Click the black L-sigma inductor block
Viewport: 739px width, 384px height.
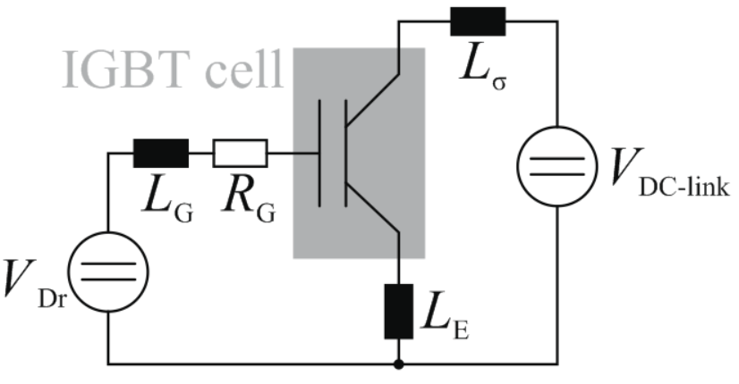tap(478, 21)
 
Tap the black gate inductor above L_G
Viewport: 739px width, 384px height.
tap(161, 153)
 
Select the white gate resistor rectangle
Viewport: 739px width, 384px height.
tap(241, 153)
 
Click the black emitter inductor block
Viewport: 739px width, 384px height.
tap(399, 311)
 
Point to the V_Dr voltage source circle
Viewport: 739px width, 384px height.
tap(108, 271)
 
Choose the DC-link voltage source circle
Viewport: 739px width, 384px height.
tap(557, 166)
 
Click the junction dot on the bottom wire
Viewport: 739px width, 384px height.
tap(399, 363)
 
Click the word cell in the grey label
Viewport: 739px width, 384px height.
tap(244, 71)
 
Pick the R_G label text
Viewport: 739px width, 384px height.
tap(250, 196)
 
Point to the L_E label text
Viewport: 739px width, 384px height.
tap(446, 313)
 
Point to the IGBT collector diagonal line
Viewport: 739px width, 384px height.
tap(373, 100)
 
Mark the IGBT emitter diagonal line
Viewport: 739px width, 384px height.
tap(373, 206)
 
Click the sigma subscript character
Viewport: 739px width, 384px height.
tap(499, 83)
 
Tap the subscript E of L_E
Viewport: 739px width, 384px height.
tap(461, 330)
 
